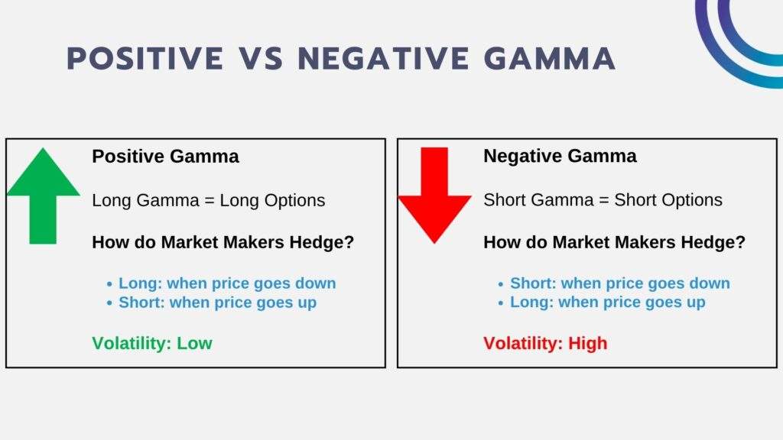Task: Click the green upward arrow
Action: point(43,196)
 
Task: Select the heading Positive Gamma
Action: point(165,157)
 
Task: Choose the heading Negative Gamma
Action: point(560,157)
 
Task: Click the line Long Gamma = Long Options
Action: point(208,200)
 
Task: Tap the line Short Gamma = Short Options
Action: point(603,200)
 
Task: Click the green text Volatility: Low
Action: point(152,343)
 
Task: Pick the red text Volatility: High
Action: point(545,343)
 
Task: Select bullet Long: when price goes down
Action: point(226,283)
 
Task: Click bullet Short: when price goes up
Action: point(217,302)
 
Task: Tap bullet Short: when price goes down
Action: point(619,283)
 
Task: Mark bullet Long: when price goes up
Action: point(607,302)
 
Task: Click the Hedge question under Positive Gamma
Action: point(223,243)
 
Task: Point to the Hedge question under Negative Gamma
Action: point(614,243)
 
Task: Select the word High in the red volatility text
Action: point(587,343)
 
